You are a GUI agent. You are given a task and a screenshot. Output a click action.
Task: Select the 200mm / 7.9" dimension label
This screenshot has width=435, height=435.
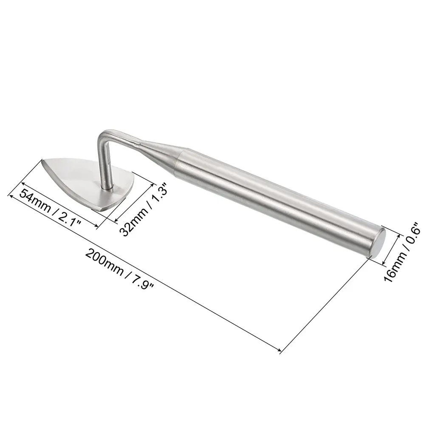(119, 269)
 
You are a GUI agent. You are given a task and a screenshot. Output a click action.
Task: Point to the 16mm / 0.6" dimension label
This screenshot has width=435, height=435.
(402, 252)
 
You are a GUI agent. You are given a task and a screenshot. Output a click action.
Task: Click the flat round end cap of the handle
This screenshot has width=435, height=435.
(379, 243)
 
